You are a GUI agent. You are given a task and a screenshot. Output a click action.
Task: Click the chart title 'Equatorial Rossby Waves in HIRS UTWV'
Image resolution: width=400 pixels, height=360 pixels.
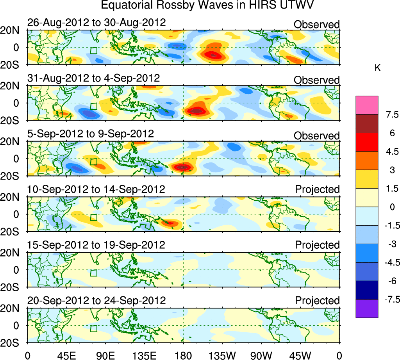207,5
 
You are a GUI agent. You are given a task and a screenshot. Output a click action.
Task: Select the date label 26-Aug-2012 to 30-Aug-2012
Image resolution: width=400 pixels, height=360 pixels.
96,23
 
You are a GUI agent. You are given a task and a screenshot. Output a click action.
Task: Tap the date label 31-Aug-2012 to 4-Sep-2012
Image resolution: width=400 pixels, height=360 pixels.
93,78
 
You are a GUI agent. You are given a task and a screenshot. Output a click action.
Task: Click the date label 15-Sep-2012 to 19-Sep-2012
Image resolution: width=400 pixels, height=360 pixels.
96,245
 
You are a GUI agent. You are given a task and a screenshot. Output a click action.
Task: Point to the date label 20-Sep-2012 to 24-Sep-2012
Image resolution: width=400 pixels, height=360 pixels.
96,301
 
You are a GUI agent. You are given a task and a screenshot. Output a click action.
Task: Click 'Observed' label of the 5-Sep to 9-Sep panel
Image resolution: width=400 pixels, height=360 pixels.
317,136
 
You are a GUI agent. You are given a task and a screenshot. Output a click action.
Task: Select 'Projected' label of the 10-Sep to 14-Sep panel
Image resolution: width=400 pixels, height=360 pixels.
317,189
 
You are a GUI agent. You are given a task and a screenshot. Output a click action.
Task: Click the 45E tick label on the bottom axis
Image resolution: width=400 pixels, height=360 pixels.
66,355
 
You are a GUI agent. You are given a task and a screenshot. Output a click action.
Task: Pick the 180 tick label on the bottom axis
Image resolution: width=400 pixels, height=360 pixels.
183,355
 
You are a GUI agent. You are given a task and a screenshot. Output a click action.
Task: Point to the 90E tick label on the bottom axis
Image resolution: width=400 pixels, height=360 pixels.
105,355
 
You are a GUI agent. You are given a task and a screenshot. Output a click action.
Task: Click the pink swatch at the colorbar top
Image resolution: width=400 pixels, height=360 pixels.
367,105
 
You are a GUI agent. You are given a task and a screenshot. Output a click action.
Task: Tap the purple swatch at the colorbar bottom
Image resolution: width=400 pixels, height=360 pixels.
367,308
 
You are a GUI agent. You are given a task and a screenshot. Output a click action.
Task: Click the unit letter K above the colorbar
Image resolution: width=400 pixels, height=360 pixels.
377,68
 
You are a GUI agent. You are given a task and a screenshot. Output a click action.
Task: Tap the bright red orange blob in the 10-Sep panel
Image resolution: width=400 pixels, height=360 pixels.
170,223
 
